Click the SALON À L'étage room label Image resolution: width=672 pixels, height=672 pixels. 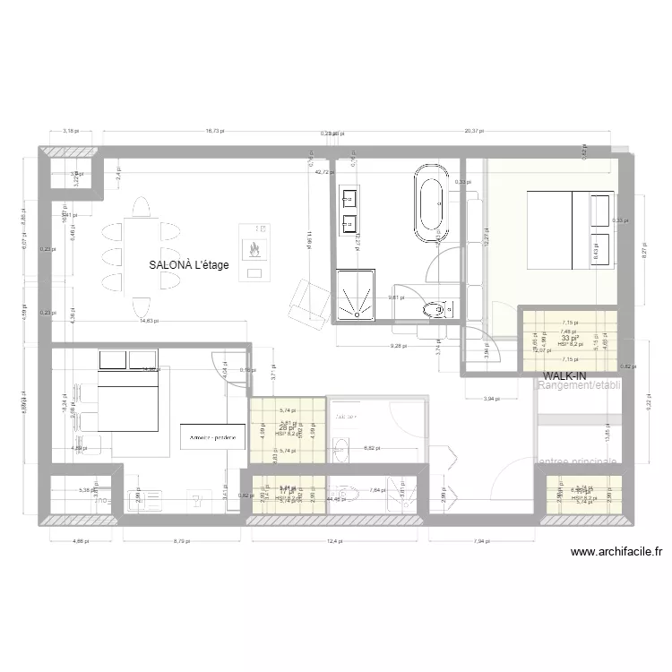189,264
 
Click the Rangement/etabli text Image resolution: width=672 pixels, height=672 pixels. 581,386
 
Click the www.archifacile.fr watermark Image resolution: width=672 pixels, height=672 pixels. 615,553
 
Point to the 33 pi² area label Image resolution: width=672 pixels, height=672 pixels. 569,339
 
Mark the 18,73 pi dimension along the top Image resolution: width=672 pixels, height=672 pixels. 214,131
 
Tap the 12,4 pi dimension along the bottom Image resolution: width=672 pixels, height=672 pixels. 335,540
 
